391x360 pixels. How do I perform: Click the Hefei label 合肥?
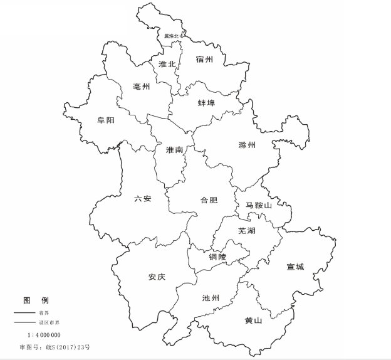click(209, 201)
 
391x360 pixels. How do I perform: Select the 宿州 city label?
click(204, 60)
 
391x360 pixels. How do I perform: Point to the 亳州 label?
click(142, 87)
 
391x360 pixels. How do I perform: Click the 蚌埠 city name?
click(206, 102)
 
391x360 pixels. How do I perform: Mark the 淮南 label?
click(175, 151)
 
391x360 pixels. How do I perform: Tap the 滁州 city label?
click(248, 145)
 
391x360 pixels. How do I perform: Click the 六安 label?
click(143, 199)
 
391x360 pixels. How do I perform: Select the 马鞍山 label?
click(258, 205)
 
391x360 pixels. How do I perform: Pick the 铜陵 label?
click(219, 257)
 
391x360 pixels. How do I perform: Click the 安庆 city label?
click(157, 277)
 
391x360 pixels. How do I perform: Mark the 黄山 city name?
click(253, 320)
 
